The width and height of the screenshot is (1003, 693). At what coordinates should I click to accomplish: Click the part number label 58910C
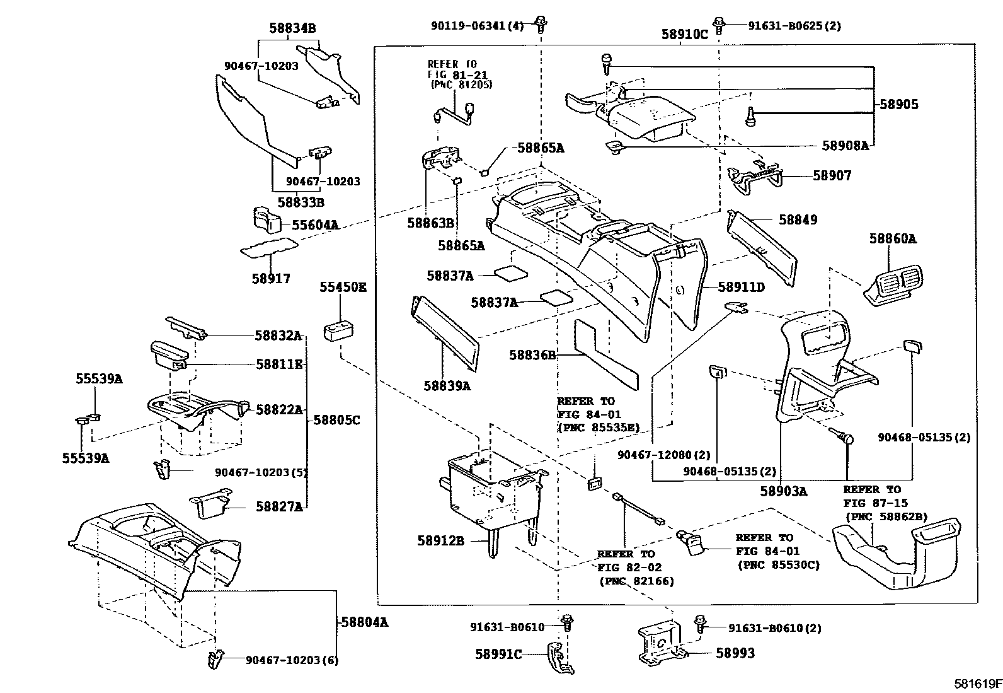684,35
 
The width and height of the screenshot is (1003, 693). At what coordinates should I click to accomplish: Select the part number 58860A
893,239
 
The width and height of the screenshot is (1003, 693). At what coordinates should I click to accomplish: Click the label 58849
798,220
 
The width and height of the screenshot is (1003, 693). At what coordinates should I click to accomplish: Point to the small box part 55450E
338,332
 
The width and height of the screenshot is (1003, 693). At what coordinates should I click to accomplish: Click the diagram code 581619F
977,684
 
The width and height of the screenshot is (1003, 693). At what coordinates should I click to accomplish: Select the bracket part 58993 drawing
660,644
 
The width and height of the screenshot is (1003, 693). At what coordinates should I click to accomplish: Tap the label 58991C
498,655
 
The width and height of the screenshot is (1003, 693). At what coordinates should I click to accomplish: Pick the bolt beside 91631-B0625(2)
721,25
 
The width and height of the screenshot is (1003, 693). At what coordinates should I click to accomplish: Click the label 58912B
440,541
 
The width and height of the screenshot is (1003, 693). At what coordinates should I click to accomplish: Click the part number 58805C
336,420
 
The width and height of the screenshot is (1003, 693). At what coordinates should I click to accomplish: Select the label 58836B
532,356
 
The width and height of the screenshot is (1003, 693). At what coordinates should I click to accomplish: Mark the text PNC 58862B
886,517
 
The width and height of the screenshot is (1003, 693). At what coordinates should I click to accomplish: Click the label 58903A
783,491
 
